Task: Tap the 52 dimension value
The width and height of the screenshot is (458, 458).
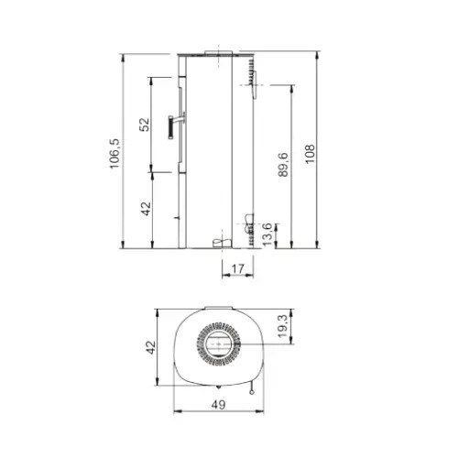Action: pos(145,125)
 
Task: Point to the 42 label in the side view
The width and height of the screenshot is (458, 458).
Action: pos(145,209)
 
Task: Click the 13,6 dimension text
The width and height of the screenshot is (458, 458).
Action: pos(267,234)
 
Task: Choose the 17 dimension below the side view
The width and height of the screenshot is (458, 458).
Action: pos(238,268)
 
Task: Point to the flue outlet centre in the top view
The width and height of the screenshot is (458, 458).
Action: pos(218,345)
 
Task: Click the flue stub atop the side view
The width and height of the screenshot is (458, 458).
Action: pos(221,51)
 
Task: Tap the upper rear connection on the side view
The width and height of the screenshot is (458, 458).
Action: pos(252,83)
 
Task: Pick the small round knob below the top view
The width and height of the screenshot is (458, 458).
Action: pos(249,388)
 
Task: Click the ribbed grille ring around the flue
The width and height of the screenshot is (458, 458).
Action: pos(218,326)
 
